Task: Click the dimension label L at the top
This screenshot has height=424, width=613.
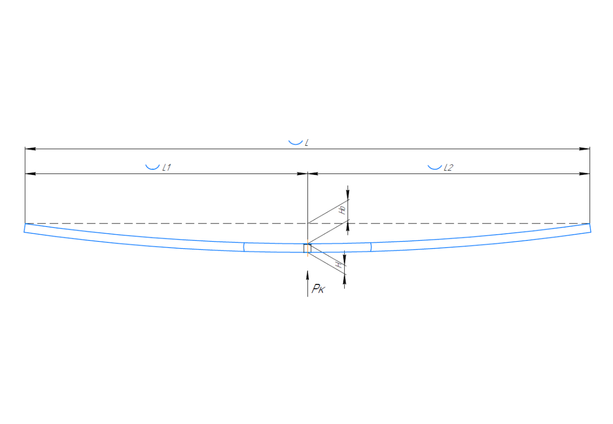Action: pyautogui.click(x=306, y=143)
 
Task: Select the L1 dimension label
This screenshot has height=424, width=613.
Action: pyautogui.click(x=166, y=167)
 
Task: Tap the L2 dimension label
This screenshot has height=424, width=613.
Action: pyautogui.click(x=448, y=167)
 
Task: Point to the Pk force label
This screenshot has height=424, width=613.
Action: pyautogui.click(x=318, y=290)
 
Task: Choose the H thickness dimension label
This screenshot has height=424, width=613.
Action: pyautogui.click(x=339, y=264)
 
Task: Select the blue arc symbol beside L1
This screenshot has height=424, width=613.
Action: pyautogui.click(x=152, y=167)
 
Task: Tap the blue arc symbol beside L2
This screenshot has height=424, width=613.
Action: pyautogui.click(x=434, y=167)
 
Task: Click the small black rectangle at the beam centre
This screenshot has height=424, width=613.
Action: pyautogui.click(x=307, y=248)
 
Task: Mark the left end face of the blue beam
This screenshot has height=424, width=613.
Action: pyautogui.click(x=25, y=228)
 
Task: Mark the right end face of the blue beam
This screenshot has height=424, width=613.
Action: pyautogui.click(x=590, y=228)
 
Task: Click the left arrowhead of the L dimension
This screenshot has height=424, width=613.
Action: pyautogui.click(x=30, y=149)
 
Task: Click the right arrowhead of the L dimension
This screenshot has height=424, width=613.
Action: pyautogui.click(x=585, y=149)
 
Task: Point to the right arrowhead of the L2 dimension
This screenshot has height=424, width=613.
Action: pyautogui.click(x=585, y=174)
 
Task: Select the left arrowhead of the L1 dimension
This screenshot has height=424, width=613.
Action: pyautogui.click(x=30, y=174)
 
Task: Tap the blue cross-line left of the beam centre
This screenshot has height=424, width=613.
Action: pyautogui.click(x=244, y=247)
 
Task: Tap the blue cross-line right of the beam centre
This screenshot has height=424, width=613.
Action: pyautogui.click(x=371, y=247)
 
